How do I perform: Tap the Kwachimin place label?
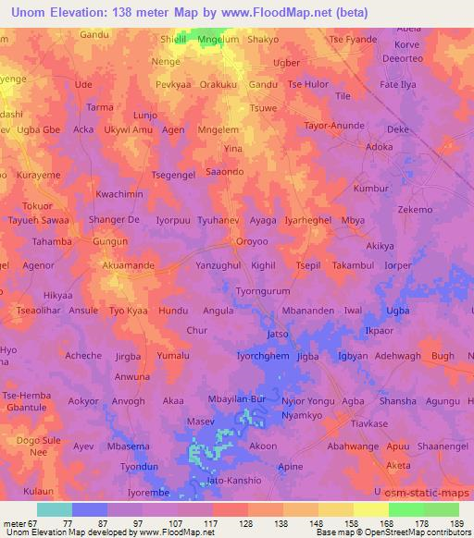[119, 195]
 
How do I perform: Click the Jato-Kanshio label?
[232, 481]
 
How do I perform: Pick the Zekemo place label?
[415, 210]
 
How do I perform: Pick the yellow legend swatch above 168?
[371, 509]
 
